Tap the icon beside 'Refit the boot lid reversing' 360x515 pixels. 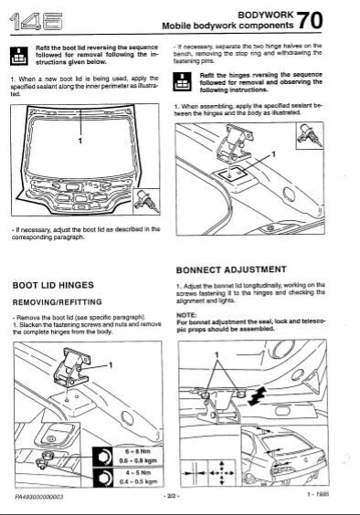tap(20, 54)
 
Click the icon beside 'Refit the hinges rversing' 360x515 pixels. tap(183, 82)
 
